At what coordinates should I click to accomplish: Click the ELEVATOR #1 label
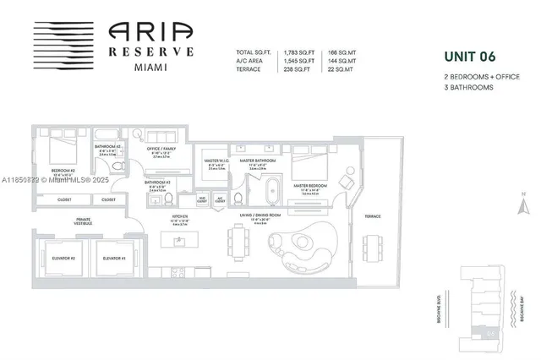113,257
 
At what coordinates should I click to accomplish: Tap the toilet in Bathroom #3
168,199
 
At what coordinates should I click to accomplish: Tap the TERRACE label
371,216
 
